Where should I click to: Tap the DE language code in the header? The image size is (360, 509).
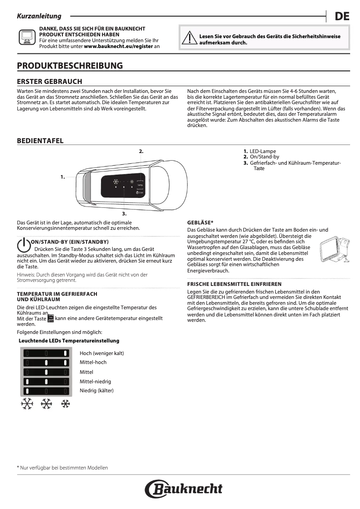342,17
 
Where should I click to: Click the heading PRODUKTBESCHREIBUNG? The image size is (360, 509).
70,66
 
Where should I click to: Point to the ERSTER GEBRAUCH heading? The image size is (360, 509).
49,81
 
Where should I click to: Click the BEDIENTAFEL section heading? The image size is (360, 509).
40,141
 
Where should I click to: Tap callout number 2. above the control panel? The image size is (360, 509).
141,151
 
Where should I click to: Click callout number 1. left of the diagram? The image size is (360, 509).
62,177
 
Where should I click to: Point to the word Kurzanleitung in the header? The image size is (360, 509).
39,16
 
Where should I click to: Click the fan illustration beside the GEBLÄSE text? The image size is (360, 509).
335,250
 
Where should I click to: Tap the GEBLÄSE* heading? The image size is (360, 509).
200,223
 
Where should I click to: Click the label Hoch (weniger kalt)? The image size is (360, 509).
102,353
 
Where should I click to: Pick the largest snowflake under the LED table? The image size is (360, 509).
27,404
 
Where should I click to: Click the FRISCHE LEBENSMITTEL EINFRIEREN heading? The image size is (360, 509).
234,284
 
